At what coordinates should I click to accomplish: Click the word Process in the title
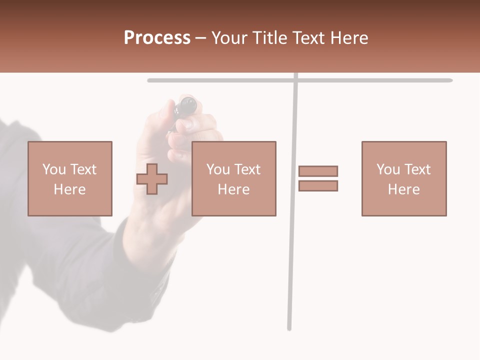pyautogui.click(x=157, y=38)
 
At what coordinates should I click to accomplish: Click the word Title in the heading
pyautogui.click(x=270, y=38)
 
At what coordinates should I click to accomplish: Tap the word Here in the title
pyautogui.click(x=348, y=38)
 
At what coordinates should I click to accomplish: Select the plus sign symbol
pyautogui.click(x=152, y=179)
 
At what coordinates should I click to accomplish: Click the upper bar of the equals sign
pyautogui.click(x=318, y=171)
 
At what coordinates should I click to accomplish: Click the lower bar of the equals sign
pyautogui.click(x=318, y=186)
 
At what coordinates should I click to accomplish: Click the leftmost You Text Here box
pyautogui.click(x=70, y=178)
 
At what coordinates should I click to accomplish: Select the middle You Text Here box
pyautogui.click(x=233, y=178)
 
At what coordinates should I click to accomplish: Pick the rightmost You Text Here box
pyautogui.click(x=404, y=178)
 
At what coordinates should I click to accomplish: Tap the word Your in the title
pyautogui.click(x=230, y=38)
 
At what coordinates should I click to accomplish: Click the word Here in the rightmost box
pyautogui.click(x=404, y=189)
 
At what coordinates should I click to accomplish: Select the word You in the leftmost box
pyautogui.click(x=53, y=169)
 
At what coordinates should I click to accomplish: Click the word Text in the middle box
pyautogui.click(x=247, y=169)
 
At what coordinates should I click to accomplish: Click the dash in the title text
pyautogui.click(x=200, y=38)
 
